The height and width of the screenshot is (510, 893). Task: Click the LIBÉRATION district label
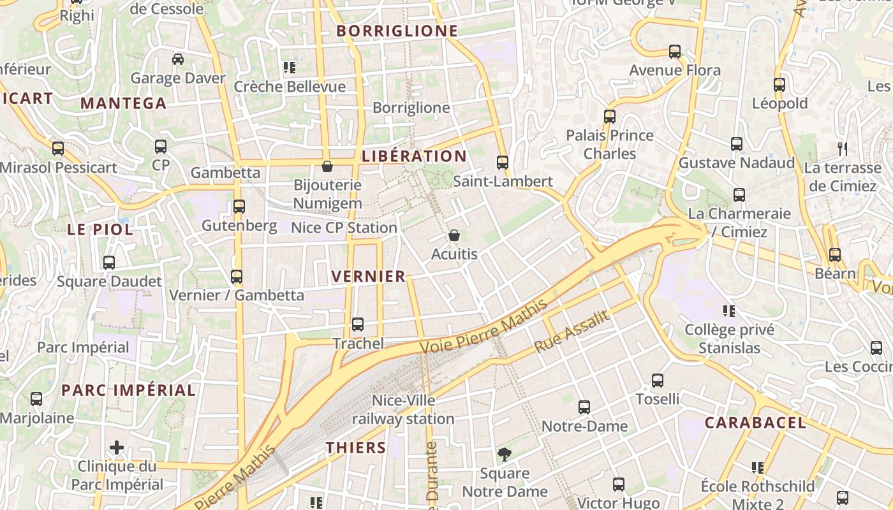414,156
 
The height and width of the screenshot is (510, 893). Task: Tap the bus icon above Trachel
358,324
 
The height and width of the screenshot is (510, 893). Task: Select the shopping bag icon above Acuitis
454,236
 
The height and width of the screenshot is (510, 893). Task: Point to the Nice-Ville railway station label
403,409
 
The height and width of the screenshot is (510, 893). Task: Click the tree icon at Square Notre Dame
505,455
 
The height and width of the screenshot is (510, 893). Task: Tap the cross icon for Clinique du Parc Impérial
117,448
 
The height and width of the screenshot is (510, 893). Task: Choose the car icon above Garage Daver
178,59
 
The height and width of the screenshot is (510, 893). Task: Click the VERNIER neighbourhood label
369,276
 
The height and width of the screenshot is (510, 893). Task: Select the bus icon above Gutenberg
239,207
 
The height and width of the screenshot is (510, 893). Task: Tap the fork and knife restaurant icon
843,149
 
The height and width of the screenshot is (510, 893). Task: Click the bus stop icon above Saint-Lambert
503,163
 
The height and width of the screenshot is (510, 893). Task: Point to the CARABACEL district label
755,422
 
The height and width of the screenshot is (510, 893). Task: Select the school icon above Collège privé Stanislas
729,311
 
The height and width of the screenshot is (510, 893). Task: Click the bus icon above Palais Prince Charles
610,117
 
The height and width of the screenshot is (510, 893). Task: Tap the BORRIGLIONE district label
397,31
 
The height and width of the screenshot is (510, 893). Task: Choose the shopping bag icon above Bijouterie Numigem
327,166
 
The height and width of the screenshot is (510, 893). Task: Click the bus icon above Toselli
658,381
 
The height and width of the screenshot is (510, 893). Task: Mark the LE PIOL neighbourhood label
100,229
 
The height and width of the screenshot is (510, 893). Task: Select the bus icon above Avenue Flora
675,52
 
